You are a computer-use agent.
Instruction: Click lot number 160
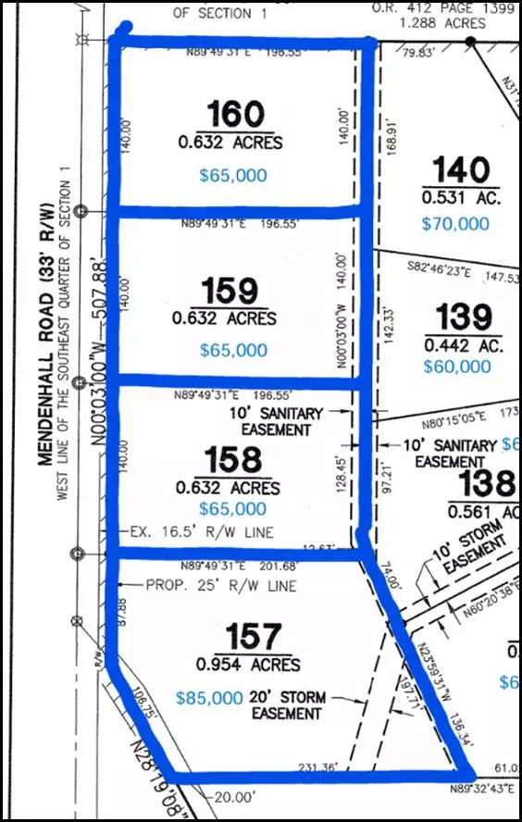[x=235, y=115]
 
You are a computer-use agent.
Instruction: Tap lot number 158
[x=235, y=460]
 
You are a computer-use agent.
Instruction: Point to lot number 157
[x=253, y=637]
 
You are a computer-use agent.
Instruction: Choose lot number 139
[x=465, y=318]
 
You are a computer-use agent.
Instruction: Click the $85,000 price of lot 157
[x=208, y=699]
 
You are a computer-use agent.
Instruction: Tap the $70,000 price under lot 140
[x=455, y=223]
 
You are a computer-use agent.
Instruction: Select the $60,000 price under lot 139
[x=456, y=367]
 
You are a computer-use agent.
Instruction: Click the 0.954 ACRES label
[x=248, y=665]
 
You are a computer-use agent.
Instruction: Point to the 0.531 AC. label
[x=461, y=197]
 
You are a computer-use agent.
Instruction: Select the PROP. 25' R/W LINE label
[x=221, y=586]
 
